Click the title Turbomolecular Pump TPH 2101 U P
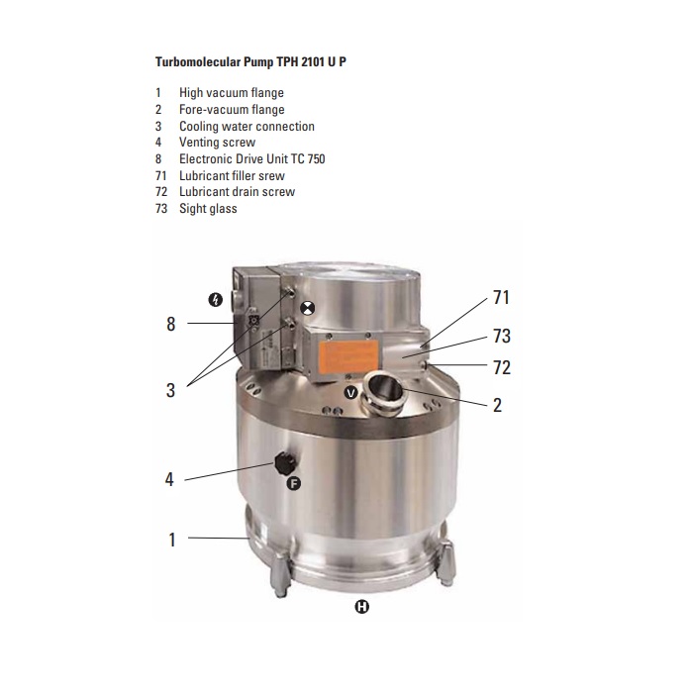[250, 61]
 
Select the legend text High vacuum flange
[231, 93]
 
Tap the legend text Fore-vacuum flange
[232, 110]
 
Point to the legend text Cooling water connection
[247, 127]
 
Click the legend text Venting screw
[217, 143]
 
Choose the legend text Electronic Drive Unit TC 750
[251, 159]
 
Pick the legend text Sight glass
[208, 209]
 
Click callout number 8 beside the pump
[171, 324]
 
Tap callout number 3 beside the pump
[170, 390]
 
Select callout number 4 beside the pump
[169, 479]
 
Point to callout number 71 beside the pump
[501, 297]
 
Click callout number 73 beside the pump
[502, 336]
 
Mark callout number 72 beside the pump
[502, 367]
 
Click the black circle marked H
[362, 607]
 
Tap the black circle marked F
[293, 483]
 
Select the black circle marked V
[350, 392]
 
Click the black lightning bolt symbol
[215, 300]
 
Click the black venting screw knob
[285, 463]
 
